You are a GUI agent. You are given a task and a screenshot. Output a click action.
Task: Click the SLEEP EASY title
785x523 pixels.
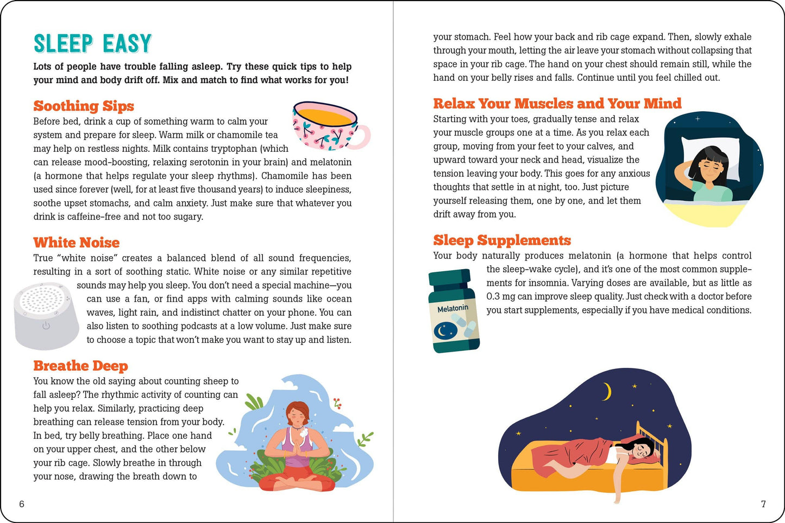(x=92, y=43)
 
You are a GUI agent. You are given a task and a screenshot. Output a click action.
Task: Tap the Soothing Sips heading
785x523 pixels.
(x=84, y=106)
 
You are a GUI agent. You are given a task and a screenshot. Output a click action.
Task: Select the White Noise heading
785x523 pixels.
(x=77, y=243)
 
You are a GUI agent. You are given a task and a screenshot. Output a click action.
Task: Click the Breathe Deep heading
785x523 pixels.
(x=80, y=366)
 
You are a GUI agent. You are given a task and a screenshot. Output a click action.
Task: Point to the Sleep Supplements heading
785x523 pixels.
(x=502, y=240)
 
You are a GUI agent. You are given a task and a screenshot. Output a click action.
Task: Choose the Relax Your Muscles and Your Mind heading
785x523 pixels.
(x=557, y=104)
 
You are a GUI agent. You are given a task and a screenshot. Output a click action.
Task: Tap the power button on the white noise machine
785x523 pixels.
(x=46, y=326)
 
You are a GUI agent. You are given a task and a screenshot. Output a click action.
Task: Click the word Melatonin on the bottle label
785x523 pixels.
(x=453, y=308)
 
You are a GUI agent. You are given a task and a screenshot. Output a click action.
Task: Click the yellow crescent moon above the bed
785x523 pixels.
(x=606, y=391)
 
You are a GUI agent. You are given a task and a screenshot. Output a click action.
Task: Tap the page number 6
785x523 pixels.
(x=22, y=504)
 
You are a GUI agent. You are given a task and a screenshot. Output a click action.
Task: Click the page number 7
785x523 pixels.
(x=763, y=504)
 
